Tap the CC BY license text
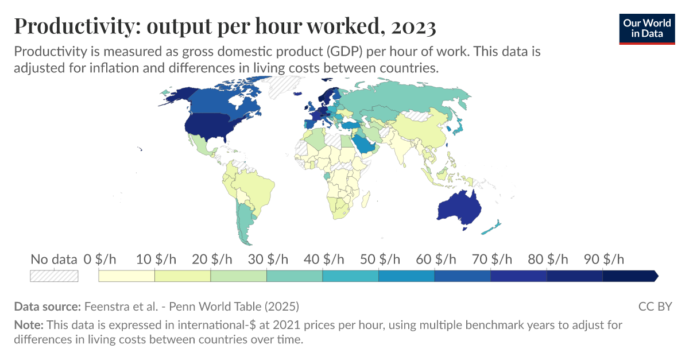(655, 306)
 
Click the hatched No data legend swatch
(54, 276)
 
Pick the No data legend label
(53, 259)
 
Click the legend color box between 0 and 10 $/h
(127, 276)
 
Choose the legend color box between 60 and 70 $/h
(462, 276)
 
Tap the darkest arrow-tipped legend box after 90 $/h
(629, 276)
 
